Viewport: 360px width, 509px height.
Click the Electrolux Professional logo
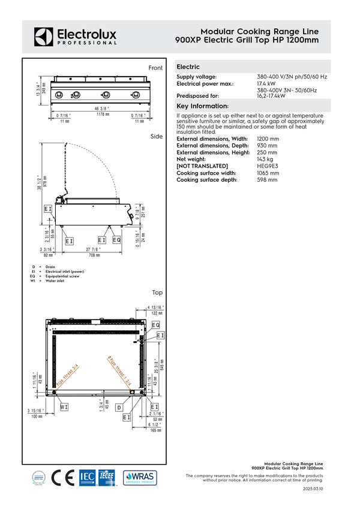[75, 36]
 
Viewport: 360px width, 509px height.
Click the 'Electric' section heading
[188, 67]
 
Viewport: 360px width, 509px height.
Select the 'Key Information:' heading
[203, 106]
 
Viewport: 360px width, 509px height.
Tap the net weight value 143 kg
[268, 159]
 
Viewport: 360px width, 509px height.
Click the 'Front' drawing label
[155, 68]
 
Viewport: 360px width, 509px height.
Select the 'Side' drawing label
[157, 137]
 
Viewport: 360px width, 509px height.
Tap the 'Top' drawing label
[157, 293]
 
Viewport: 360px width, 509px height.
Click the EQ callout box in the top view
[155, 325]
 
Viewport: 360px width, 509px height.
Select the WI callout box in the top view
[64, 406]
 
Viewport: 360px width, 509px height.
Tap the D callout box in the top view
[119, 407]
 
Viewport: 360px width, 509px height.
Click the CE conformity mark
[62, 477]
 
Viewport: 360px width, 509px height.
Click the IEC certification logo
[88, 477]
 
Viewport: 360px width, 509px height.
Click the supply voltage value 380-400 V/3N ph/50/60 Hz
[292, 77]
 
